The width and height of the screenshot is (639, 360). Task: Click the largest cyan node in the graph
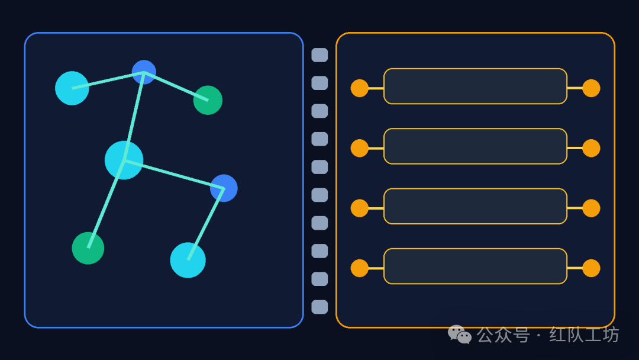124,160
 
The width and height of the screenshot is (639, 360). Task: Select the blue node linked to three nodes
144,72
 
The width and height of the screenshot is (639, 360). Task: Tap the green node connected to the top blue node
208,100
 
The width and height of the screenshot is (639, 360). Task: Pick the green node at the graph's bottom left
88,248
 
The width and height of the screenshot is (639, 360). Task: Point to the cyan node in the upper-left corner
72,88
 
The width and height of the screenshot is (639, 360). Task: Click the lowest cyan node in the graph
188,260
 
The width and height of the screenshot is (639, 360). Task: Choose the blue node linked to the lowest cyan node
224,188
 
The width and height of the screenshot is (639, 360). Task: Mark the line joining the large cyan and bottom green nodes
106,204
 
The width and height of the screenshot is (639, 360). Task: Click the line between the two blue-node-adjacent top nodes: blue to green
176,86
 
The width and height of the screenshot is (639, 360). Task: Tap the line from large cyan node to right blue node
173,174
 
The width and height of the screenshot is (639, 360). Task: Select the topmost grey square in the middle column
319,55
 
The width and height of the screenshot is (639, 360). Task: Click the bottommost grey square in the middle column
319,307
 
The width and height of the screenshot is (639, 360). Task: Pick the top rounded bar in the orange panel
475,86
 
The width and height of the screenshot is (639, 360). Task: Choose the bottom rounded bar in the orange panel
475,266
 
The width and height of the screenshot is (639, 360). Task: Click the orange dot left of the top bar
359,88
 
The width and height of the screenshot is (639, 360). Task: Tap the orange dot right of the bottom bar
591,268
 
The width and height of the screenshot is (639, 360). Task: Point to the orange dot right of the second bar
591,148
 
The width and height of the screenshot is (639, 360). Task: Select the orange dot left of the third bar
359,208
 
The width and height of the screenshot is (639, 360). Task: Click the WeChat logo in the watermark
460,335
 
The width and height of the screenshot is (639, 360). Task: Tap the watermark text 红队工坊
584,335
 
